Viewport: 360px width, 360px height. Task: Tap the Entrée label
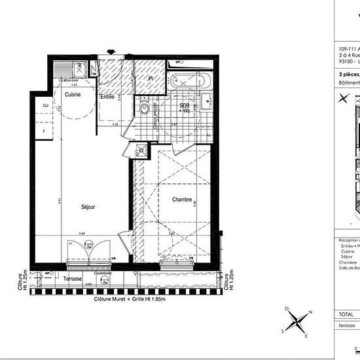pyautogui.click(x=107, y=97)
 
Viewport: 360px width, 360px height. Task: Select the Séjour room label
pyautogui.click(x=88, y=206)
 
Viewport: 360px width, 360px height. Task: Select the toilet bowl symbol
pyautogui.click(x=145, y=107)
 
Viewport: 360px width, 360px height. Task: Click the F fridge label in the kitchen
pyautogui.click(x=45, y=132)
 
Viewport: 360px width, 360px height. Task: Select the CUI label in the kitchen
pyautogui.click(x=45, y=105)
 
